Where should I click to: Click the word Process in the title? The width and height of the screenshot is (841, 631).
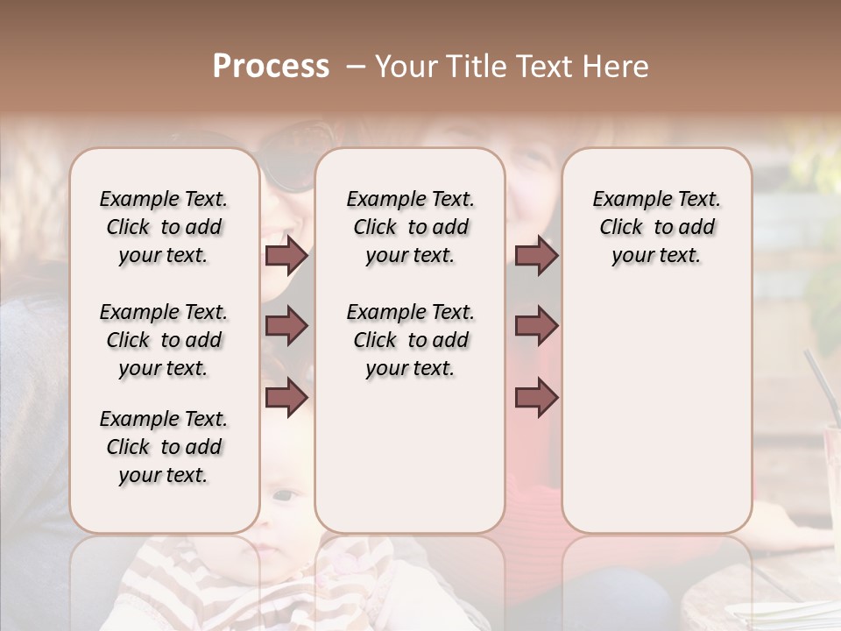pyautogui.click(x=271, y=67)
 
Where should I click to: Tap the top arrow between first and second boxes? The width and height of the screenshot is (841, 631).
pyautogui.click(x=286, y=256)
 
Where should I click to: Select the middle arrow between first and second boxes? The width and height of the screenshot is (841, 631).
pyautogui.click(x=286, y=327)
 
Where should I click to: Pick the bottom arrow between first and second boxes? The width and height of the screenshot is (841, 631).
pyautogui.click(x=286, y=397)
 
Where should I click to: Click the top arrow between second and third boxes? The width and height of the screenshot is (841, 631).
pyautogui.click(x=536, y=256)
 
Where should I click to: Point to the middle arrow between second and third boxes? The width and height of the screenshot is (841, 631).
pyautogui.click(x=536, y=327)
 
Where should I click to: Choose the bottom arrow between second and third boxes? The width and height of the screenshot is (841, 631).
pyautogui.click(x=536, y=397)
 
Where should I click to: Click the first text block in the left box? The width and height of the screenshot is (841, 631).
pyautogui.click(x=164, y=227)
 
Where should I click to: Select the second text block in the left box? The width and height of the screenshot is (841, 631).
pyautogui.click(x=164, y=340)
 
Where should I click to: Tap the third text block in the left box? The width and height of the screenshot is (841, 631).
pyautogui.click(x=164, y=447)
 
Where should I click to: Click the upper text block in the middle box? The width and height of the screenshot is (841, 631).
pyautogui.click(x=410, y=227)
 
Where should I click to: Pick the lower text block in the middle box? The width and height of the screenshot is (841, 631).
pyautogui.click(x=410, y=340)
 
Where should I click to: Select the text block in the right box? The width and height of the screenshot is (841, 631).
pyautogui.click(x=656, y=227)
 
